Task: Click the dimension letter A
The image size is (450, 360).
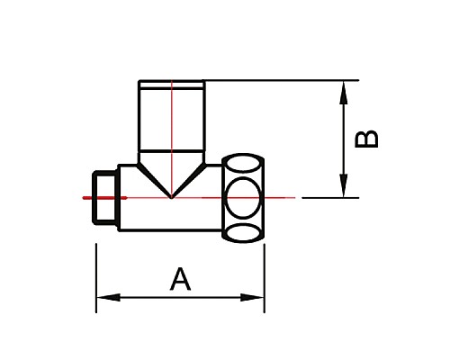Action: [181, 280]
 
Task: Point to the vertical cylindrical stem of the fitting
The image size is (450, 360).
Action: [171, 117]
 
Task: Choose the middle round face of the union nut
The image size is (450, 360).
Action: [244, 196]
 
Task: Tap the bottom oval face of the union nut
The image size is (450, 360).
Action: [244, 232]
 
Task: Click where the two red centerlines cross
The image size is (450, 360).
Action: [171, 196]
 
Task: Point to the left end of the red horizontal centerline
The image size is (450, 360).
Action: [83, 196]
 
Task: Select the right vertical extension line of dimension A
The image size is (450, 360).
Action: [265, 270]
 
